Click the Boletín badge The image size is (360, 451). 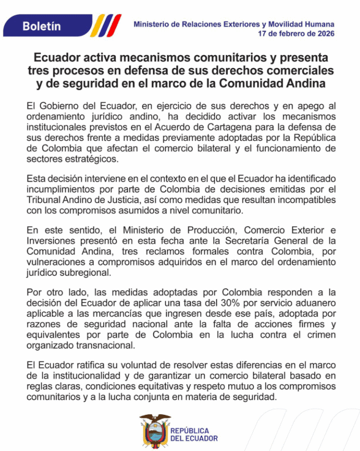(42, 26)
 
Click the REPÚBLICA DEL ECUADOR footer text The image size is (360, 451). (193, 434)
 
